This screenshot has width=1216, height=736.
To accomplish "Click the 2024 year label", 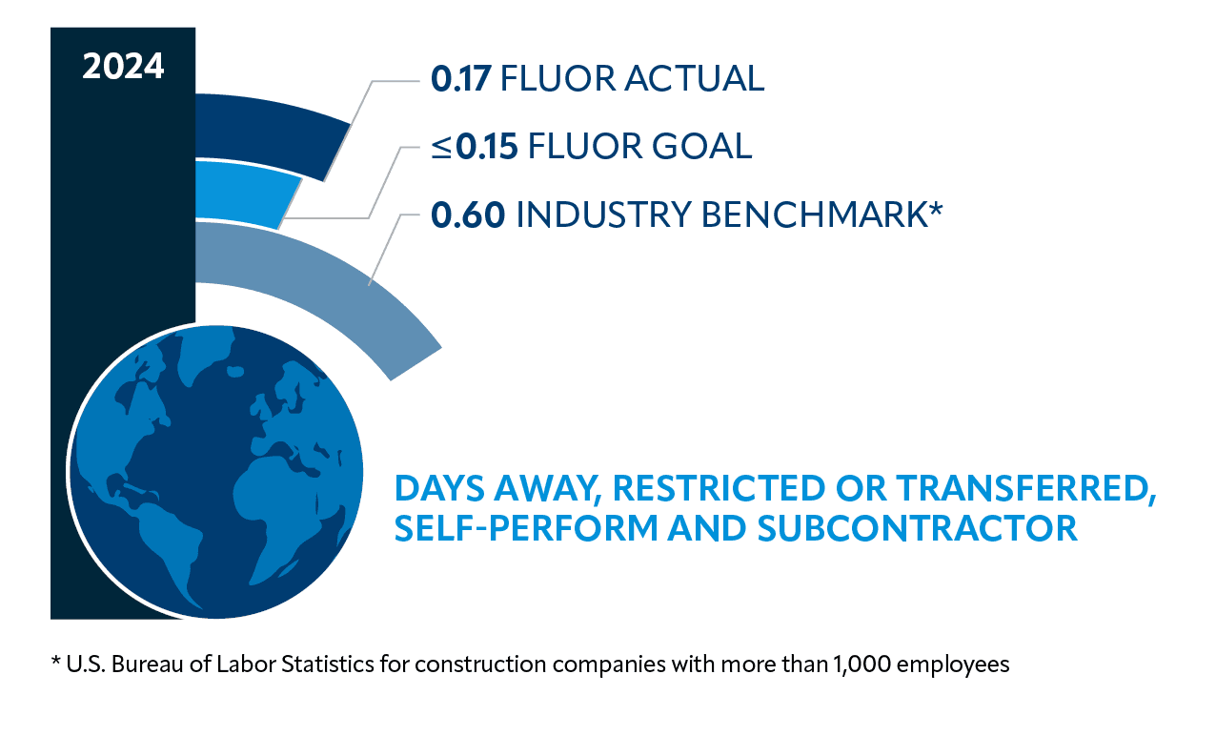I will pos(123,68).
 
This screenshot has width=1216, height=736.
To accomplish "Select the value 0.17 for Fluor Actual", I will pos(460,79).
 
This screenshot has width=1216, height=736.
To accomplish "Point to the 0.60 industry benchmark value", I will pos(467,215).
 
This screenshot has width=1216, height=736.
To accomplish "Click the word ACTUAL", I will pos(694,79).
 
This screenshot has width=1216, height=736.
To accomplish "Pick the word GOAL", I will pos(702,146).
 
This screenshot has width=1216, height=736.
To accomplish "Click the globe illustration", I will pos(215,472).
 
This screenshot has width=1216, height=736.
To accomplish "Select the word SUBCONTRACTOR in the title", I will pos(917,527).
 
